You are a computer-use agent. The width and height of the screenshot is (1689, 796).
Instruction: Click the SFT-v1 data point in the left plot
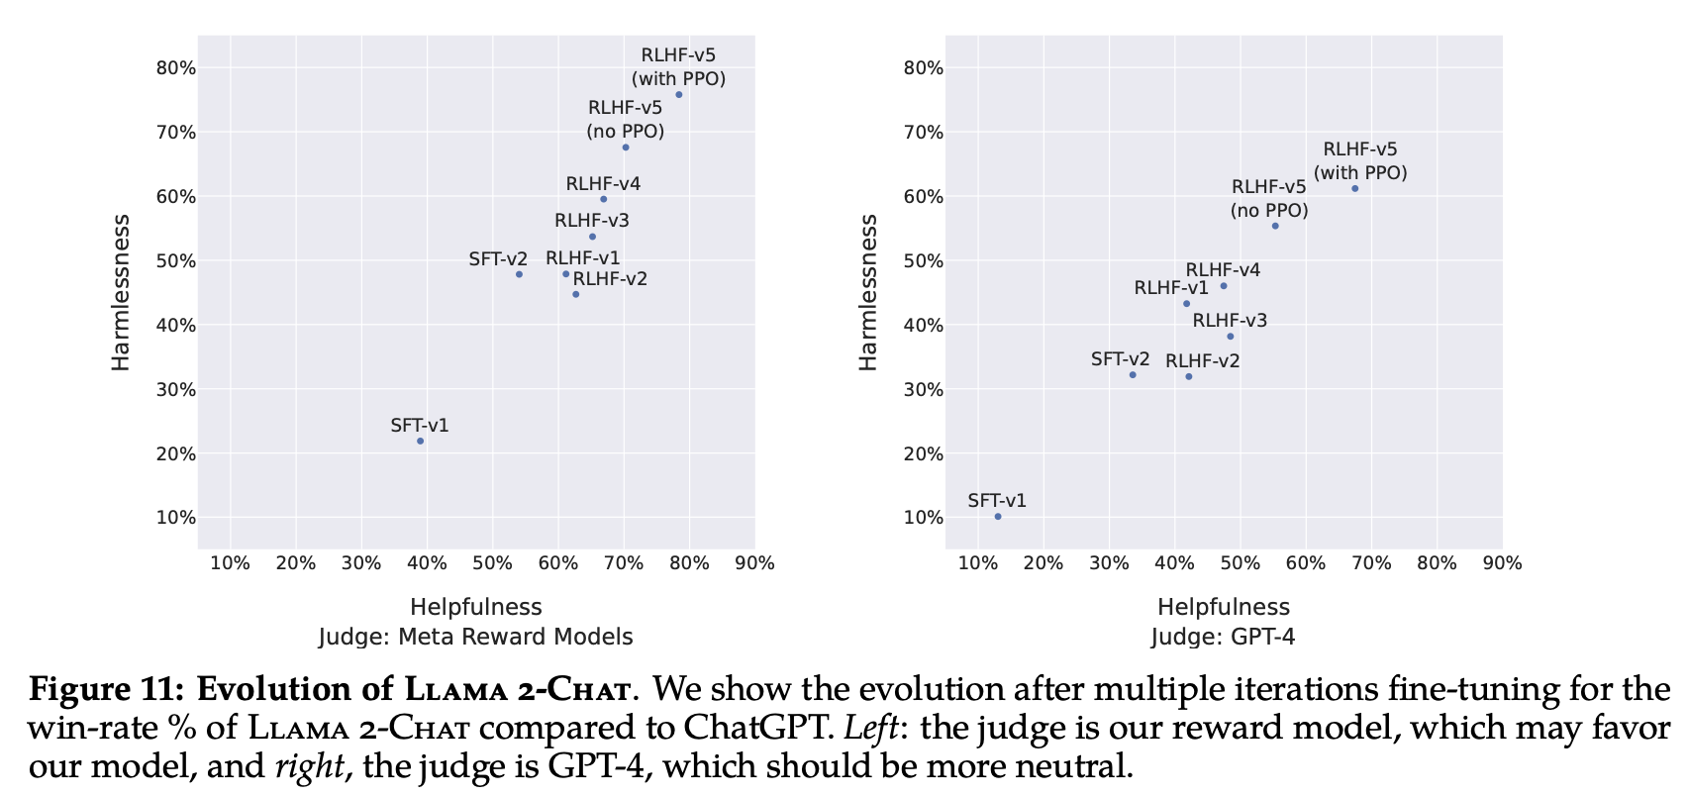[x=420, y=441]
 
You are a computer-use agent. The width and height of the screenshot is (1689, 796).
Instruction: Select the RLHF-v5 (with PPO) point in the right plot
[x=1354, y=188]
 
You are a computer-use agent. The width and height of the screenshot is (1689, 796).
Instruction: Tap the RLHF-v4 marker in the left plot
[x=603, y=199]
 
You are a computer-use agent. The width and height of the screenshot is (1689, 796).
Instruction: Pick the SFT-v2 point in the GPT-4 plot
[x=1133, y=374]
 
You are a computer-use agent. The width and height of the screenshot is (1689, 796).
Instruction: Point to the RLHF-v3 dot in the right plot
[x=1230, y=337]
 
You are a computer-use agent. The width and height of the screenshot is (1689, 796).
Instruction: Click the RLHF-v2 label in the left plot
[x=610, y=278]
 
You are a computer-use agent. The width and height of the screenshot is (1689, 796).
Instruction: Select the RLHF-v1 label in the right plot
[x=1171, y=288]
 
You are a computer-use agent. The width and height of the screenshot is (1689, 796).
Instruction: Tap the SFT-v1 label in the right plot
[x=997, y=500]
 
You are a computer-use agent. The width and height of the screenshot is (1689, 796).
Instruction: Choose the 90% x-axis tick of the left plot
[x=754, y=563]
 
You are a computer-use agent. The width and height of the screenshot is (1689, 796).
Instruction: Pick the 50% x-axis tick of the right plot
[x=1241, y=563]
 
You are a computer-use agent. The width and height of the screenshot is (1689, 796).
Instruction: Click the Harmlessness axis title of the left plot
[x=121, y=292]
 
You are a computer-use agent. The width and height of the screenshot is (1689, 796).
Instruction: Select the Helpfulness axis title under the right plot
[x=1224, y=607]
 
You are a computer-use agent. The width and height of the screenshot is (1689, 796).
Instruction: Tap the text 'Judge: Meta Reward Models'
[x=475, y=637]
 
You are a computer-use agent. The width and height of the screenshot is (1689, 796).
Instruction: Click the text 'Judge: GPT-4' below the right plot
[x=1223, y=637]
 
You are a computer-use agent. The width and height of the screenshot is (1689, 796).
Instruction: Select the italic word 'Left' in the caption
[x=870, y=728]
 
